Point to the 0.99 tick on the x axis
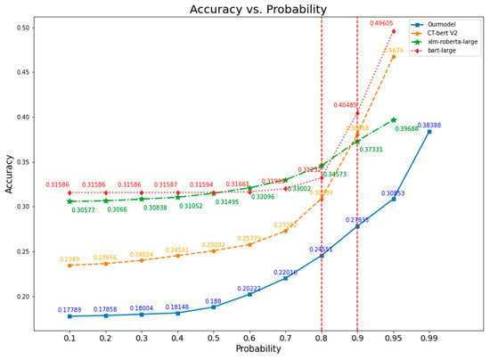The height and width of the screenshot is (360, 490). click(429, 338)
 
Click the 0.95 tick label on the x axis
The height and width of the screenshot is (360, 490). click(393, 338)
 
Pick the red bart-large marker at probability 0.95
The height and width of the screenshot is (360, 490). click(393, 31)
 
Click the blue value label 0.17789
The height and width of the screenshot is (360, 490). click(69, 310)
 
